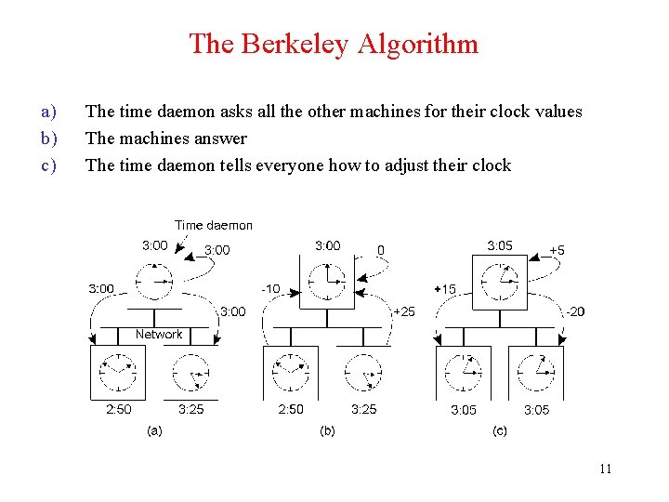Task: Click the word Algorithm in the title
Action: (428, 44)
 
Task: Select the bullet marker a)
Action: (49, 112)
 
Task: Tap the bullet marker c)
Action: (49, 165)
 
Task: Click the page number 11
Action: (605, 469)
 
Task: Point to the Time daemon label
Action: (213, 225)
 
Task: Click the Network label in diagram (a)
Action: (159, 334)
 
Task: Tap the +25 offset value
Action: (404, 311)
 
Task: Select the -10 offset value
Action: (270, 289)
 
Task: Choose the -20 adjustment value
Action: (575, 311)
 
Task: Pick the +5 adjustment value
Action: (557, 250)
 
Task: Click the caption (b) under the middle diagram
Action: (327, 430)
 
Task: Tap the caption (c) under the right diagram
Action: (499, 430)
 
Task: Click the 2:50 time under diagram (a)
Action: (119, 409)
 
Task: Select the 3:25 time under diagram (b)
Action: (363, 409)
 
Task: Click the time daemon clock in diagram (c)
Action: (500, 279)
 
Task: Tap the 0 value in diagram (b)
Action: (380, 250)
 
